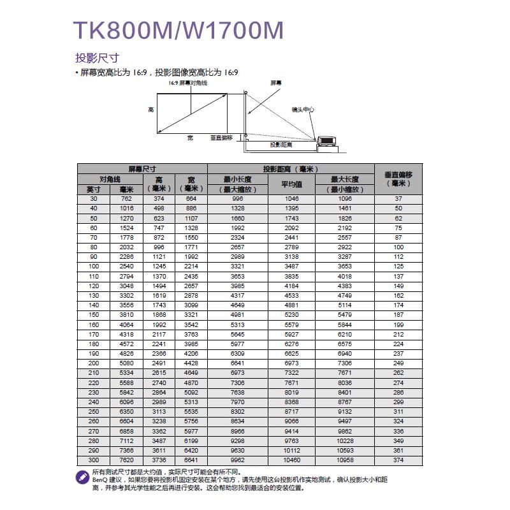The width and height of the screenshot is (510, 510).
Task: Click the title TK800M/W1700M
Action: tap(178, 31)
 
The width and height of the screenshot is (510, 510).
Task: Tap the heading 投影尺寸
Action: tap(97, 58)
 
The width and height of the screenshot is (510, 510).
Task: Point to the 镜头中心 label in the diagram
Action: tap(303, 110)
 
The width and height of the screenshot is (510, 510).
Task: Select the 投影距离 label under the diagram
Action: tap(280, 145)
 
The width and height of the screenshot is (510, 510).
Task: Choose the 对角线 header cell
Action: tap(110, 179)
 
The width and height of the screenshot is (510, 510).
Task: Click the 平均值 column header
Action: tap(291, 184)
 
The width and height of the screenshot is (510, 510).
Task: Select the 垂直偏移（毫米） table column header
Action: tap(398, 179)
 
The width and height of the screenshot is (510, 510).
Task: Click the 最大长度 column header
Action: tap(345, 180)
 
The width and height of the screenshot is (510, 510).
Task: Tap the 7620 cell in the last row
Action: tap(126, 460)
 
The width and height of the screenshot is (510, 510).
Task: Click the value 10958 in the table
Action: tap(345, 460)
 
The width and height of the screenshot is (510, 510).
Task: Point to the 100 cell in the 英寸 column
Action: tap(94, 266)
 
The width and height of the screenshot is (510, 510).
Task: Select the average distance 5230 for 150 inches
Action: tap(291, 314)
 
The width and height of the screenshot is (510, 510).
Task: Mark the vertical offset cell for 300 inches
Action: tap(398, 460)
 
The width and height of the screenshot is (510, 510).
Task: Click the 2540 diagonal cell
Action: tap(126, 266)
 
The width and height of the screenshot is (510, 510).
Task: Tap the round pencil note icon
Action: tap(83, 476)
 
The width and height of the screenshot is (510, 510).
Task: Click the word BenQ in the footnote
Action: tap(100, 479)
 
